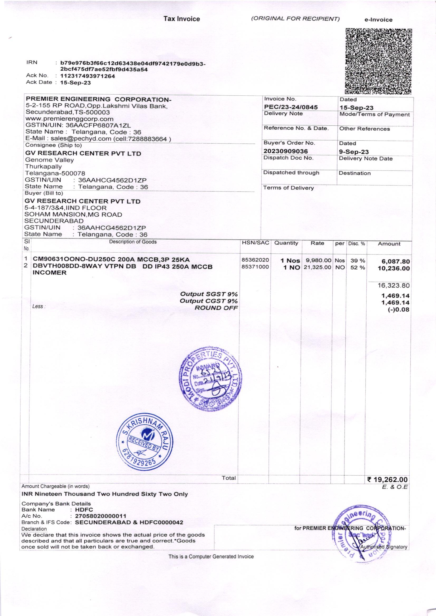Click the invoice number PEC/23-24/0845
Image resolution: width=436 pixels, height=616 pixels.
tap(291, 107)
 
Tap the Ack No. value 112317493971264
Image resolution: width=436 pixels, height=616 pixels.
tap(88, 76)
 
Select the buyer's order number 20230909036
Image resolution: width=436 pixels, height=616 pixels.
tap(286, 151)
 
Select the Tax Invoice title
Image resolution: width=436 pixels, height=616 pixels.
tap(182, 19)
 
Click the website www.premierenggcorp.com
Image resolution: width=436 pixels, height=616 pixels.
tap(69, 119)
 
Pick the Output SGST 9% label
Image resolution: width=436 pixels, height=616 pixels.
tap(209, 294)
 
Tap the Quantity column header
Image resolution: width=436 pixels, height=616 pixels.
tap(286, 243)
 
